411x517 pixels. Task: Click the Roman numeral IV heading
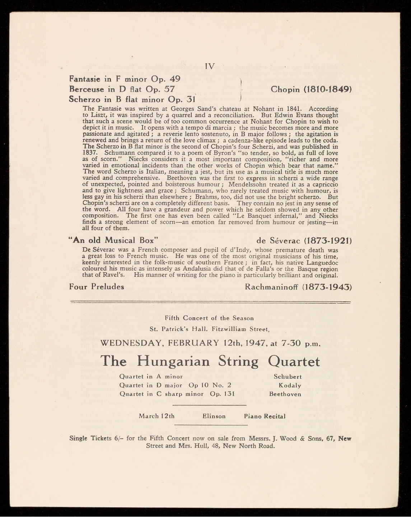click(x=210, y=66)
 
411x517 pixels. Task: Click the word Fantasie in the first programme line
click(x=84, y=79)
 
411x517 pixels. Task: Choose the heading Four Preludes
click(x=97, y=287)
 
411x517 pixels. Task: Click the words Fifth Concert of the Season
click(x=209, y=318)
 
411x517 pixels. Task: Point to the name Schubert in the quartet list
click(x=288, y=377)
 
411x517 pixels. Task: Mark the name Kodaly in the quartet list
click(x=290, y=386)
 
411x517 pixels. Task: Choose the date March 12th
click(x=157, y=416)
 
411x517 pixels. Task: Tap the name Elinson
click(x=214, y=416)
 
